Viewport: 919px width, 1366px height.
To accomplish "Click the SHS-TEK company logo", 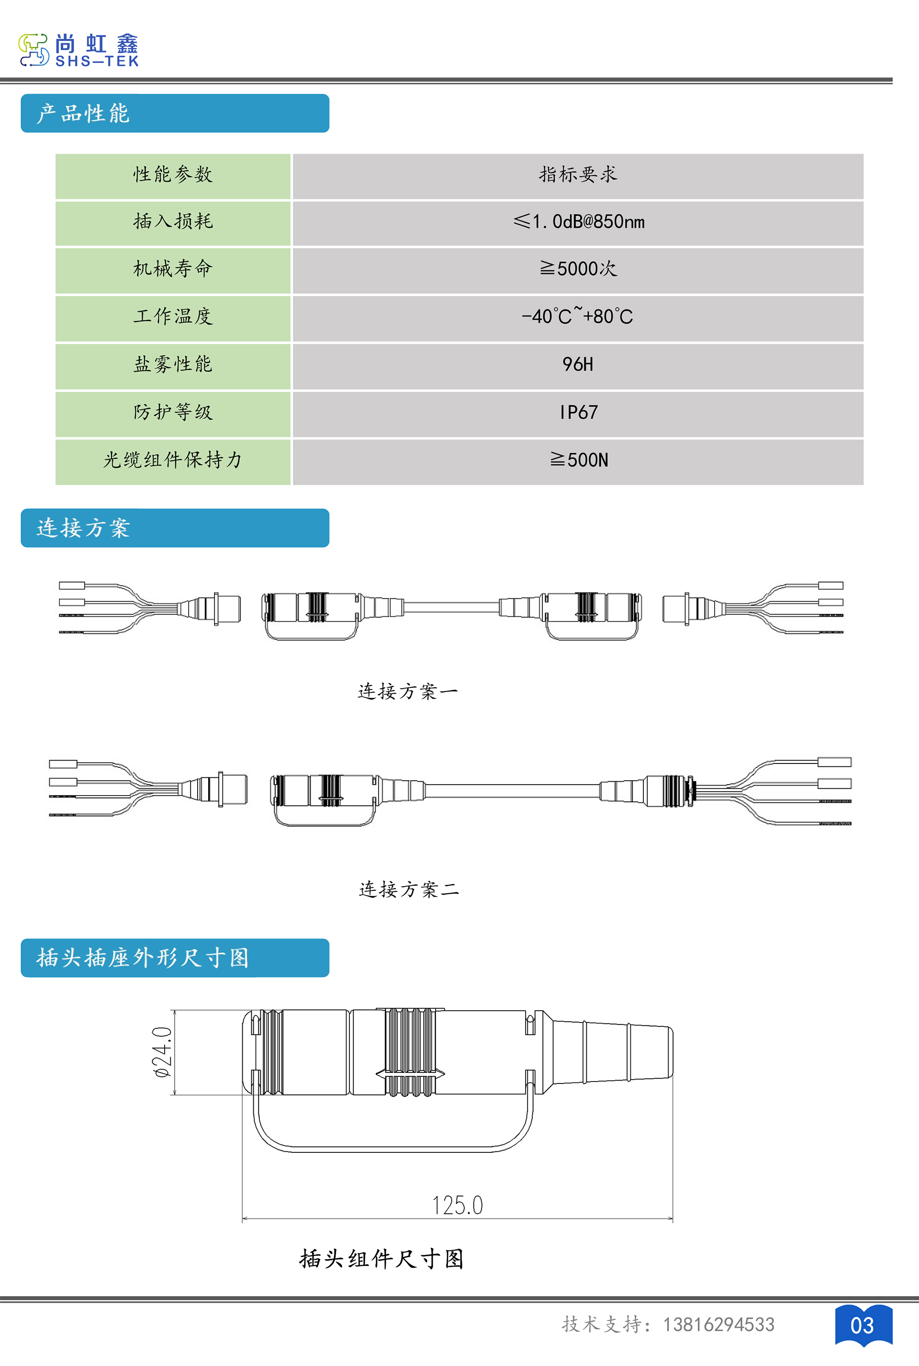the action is (79, 50).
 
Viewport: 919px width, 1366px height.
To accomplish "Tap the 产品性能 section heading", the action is (83, 113).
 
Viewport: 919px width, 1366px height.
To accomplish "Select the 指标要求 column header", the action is (578, 174).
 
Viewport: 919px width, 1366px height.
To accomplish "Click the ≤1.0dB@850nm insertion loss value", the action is (579, 222).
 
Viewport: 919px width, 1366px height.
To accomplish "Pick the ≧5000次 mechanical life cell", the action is (578, 269).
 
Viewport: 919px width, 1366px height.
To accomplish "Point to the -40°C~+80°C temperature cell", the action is (577, 316).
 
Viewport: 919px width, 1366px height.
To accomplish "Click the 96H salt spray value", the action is (578, 364).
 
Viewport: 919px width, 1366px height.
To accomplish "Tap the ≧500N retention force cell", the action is (579, 460).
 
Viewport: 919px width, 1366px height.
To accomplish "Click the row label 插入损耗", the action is (173, 221).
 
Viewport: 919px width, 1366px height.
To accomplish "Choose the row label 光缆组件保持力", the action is (173, 460).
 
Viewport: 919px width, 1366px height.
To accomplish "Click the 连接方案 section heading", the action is (83, 528).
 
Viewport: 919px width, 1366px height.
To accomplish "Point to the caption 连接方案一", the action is (408, 692).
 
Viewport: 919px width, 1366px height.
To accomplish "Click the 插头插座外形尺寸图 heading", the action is (143, 958).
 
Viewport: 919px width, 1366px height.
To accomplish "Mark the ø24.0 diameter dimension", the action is (162, 1052).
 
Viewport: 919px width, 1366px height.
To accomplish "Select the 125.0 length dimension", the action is (457, 1205).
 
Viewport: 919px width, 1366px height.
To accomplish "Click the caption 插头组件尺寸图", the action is (381, 1259).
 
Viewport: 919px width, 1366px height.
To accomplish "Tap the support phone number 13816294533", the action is (718, 1324).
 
